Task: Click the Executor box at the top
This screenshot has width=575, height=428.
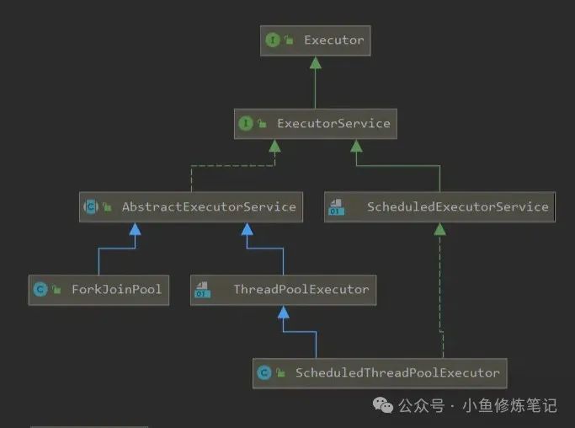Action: coord(313,40)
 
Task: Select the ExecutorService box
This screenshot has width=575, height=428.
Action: coord(313,123)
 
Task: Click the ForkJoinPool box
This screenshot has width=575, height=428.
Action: coord(97,289)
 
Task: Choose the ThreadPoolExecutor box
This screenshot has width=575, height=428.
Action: coord(282,289)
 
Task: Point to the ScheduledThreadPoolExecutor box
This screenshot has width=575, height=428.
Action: coord(380,372)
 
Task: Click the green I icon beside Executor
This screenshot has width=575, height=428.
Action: coord(272,40)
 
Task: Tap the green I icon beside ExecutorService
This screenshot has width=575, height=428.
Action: coord(246,123)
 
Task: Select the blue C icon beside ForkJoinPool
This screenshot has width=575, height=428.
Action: coord(39,289)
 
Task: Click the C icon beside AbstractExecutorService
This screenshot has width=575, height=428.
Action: coord(91,206)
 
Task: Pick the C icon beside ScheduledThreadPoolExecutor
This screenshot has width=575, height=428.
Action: coord(264,372)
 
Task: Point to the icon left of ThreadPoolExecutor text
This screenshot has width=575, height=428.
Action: coord(202,290)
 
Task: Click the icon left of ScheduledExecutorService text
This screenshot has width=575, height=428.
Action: coord(336,206)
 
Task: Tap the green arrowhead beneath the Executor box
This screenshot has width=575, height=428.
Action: coord(314,62)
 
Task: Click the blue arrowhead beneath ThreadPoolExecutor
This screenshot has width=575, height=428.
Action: coord(283,312)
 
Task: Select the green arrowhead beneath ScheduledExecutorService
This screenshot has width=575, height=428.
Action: coord(439,228)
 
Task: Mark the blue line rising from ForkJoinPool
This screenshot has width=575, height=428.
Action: coord(98,261)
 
